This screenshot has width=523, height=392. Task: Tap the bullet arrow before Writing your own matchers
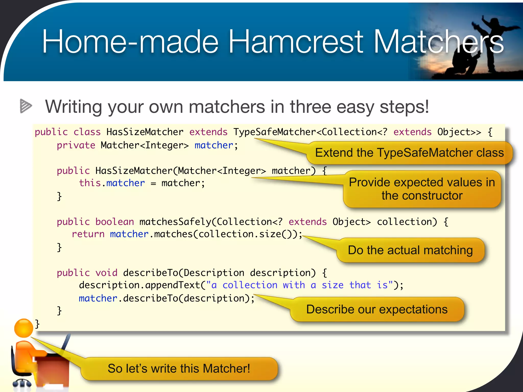pos(26,106)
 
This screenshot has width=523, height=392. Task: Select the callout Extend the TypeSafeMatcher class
pos(409,153)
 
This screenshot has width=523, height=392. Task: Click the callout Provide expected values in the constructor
pos(422,189)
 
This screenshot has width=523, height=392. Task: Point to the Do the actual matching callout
pos(410,250)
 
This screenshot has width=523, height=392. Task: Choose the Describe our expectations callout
pos(377,309)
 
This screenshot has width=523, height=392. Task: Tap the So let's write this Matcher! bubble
pos(179,369)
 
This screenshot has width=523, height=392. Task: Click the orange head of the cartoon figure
pos(23,328)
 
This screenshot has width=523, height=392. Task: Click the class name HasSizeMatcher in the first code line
pos(145,132)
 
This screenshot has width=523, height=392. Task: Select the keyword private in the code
pos(76,145)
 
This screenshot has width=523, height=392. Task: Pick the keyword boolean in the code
pos(114,222)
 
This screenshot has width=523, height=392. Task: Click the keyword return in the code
pos(88,234)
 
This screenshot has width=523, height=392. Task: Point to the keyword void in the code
pos(106,273)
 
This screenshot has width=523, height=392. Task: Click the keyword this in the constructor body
pos(90,183)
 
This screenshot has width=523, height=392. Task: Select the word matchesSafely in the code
pos(175,222)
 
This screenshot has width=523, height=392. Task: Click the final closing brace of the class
pos(37,324)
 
